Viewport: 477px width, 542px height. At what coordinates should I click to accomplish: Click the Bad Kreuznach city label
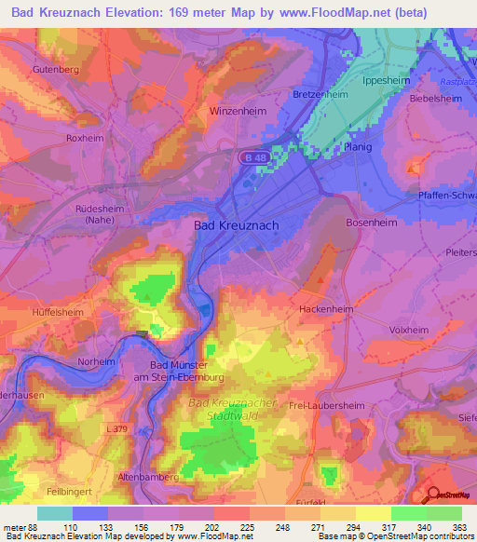click(x=236, y=225)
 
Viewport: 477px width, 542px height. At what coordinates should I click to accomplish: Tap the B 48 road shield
click(x=257, y=158)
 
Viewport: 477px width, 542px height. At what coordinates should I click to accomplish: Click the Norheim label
click(x=97, y=361)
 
